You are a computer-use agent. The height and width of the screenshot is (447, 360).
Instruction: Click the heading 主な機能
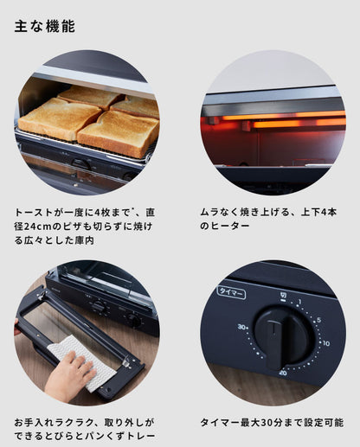pos(44,27)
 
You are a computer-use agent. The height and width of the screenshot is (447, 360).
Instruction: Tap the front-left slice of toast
pos(58,118)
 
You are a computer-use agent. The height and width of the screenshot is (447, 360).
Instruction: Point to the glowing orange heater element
pos(277,123)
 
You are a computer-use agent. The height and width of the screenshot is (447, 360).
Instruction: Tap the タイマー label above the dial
pos(231,291)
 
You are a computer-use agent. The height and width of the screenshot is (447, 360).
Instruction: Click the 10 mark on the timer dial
pos(325,343)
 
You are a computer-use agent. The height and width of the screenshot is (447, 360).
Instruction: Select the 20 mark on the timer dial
pos(283,374)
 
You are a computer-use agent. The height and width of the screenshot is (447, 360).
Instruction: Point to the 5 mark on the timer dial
pos(319,319)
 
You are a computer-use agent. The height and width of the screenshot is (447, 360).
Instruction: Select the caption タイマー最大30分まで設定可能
pos(272,423)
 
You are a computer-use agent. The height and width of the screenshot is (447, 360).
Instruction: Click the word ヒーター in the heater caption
pos(231,226)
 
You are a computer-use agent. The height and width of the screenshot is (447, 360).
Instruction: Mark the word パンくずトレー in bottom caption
pos(127,437)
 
